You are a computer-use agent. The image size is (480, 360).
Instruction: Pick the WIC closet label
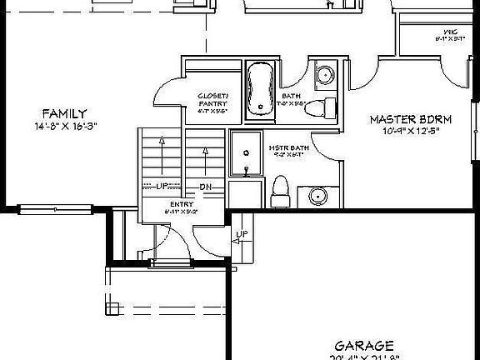pos(450,32)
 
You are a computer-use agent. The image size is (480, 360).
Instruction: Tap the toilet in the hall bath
pos(329,107)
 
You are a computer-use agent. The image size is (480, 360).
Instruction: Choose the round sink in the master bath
pos(317,196)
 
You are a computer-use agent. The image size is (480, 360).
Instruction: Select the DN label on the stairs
pos(206,187)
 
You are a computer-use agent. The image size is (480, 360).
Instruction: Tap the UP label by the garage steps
pos(242,235)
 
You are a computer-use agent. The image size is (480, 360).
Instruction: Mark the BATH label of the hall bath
pos(291,96)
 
